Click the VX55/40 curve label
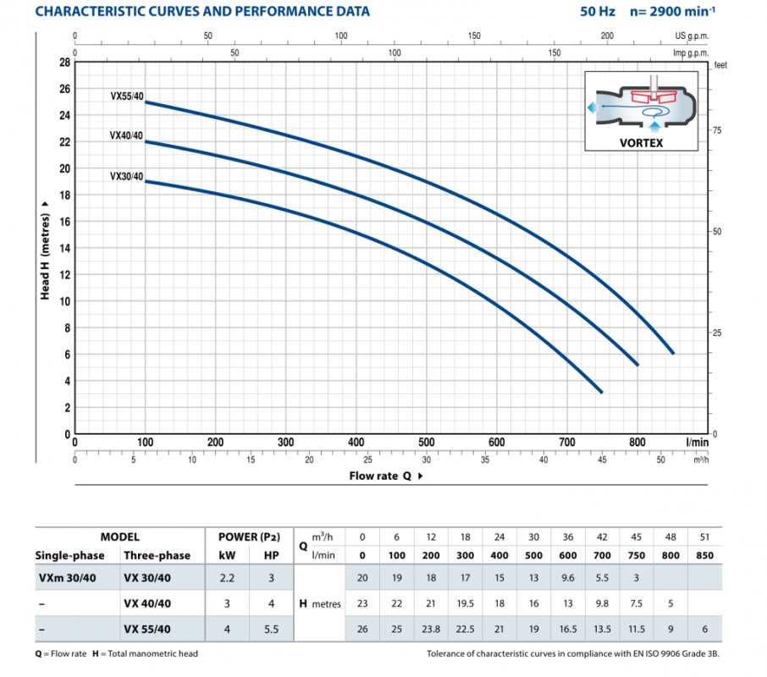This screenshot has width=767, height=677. tap(127, 96)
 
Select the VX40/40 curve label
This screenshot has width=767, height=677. tap(127, 135)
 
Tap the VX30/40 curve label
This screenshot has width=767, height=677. tap(127, 176)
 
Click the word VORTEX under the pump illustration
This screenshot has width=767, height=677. tap(641, 143)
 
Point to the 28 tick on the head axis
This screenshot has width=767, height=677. tap(64, 63)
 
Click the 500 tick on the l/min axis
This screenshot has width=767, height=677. tap(427, 442)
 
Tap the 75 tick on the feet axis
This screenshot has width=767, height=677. tap(715, 130)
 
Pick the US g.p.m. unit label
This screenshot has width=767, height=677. tap(692, 36)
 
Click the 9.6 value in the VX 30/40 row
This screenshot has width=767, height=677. tap(567, 580)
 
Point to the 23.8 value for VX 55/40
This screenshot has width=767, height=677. tap(430, 628)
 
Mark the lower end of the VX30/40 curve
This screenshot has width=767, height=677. tap(601, 392)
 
